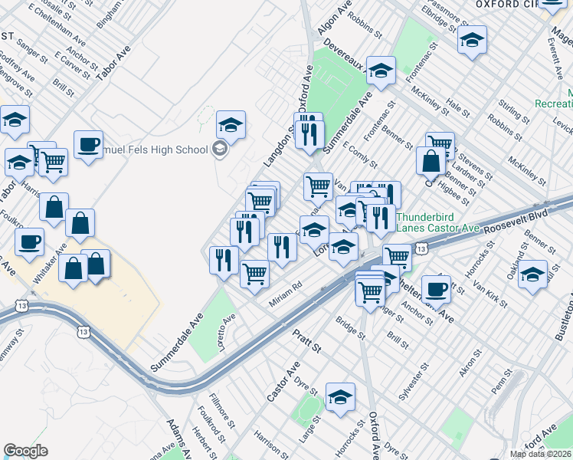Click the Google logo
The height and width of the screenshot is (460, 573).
(25, 451)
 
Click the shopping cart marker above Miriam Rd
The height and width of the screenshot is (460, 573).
(254, 272)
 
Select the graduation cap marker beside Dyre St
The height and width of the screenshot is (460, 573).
(340, 396)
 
